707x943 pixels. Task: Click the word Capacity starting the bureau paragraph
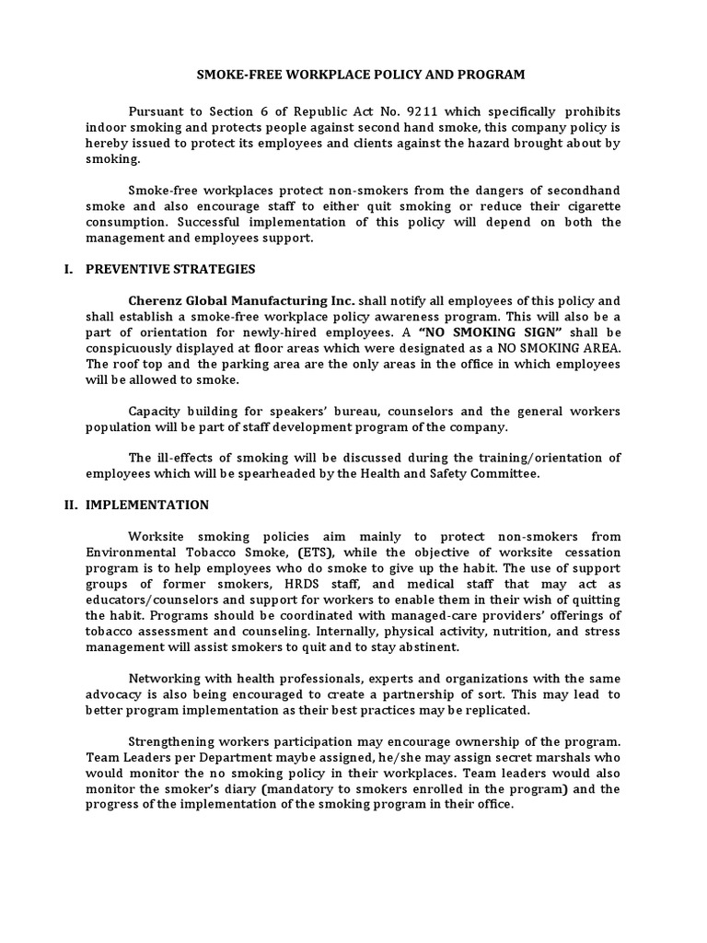tap(156, 411)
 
